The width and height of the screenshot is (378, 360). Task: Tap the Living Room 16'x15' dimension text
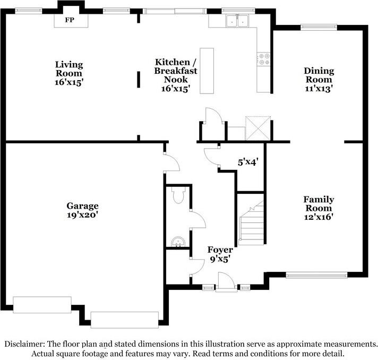click(70, 82)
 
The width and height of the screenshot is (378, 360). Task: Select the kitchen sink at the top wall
click(237, 21)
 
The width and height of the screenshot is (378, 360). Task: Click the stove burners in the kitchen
click(263, 58)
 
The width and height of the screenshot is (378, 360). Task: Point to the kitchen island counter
click(207, 71)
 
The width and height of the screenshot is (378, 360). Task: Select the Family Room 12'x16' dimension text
click(319, 217)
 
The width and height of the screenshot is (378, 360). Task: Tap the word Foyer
click(219, 250)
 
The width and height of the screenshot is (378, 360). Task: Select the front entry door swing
click(226, 280)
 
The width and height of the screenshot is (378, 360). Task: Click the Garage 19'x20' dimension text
click(82, 216)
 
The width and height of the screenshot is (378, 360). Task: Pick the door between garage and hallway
click(171, 162)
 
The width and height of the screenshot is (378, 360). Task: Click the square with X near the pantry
click(256, 128)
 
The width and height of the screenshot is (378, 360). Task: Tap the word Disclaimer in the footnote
click(25, 344)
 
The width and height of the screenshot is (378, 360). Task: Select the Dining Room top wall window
click(319, 27)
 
